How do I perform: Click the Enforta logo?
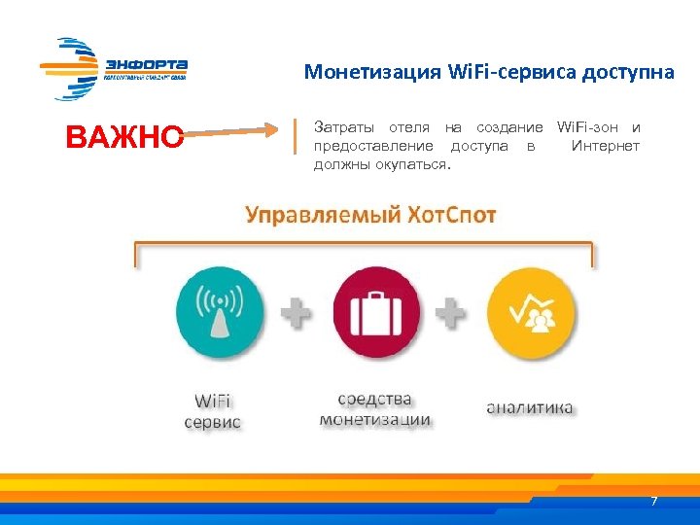[114, 68]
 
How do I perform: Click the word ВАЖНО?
[124, 138]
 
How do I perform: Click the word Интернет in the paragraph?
[606, 146]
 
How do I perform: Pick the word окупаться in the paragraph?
[409, 164]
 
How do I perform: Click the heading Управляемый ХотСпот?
[370, 215]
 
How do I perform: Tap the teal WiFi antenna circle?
[219, 312]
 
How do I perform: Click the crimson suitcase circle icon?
[376, 312]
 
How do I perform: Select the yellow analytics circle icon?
[530, 312]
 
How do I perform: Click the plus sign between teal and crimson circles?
[297, 312]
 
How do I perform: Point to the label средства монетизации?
[375, 409]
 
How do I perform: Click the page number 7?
[653, 502]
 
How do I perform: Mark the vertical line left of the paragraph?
[296, 136]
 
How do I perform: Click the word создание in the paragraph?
[510, 127]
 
